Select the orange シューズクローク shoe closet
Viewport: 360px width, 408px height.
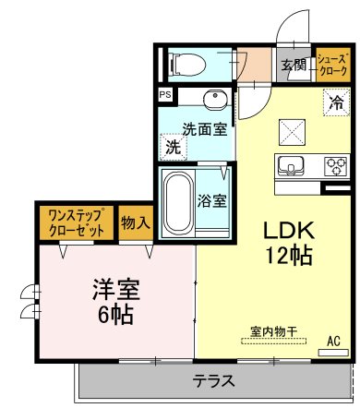(332, 65)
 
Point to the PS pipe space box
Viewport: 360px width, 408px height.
(164, 95)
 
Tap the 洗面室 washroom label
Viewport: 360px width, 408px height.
(204, 129)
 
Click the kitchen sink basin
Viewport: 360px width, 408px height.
(290, 167)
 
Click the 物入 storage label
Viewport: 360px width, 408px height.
(136, 222)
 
